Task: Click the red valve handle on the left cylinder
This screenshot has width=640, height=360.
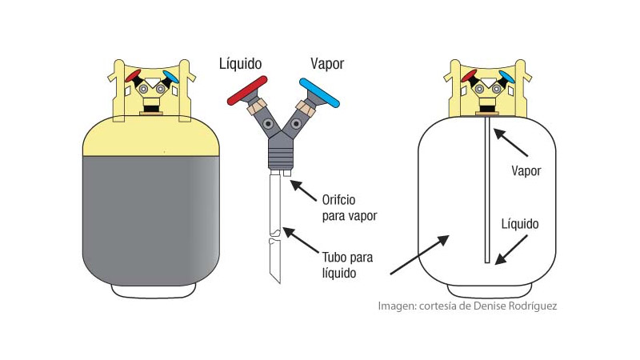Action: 134,76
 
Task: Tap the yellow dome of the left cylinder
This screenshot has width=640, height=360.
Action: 151,137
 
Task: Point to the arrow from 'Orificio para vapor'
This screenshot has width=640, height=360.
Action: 304,193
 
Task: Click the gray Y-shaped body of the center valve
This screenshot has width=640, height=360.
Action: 279,144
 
